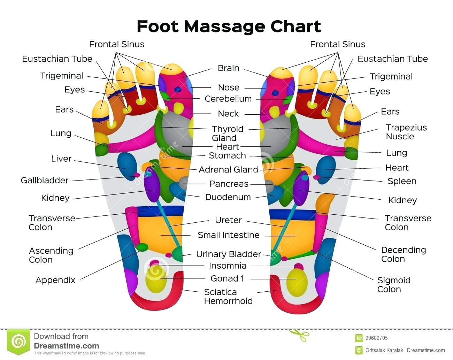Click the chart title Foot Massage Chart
click(229, 26)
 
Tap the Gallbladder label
click(45, 181)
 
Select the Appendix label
click(55, 280)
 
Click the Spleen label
click(402, 181)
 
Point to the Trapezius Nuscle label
click(406, 132)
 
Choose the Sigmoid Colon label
click(394, 285)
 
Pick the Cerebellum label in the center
click(228, 99)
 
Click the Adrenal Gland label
click(228, 170)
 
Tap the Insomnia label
click(228, 266)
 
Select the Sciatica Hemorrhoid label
click(228, 297)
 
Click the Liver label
click(61, 159)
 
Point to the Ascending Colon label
click(51, 255)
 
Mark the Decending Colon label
click(404, 254)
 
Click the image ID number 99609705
click(376, 338)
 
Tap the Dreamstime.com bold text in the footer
click(67, 346)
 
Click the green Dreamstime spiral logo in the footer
click(18, 342)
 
